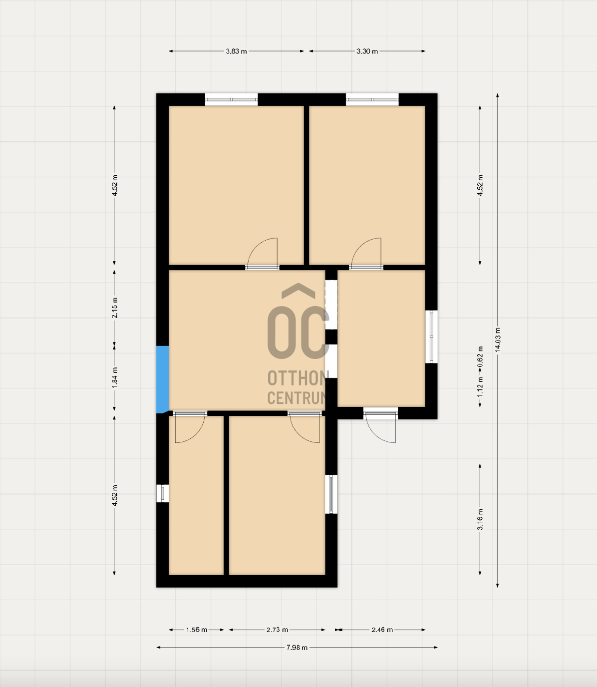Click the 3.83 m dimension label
tap(236, 51)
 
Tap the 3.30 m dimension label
tap(367, 51)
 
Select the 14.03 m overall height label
tap(497, 340)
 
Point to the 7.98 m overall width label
tap(297, 648)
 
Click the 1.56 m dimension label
tap(197, 630)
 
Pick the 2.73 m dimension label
tap(277, 630)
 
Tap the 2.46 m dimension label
tap(382, 630)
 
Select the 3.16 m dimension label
tap(480, 519)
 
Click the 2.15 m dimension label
tap(114, 308)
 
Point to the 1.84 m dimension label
tap(114, 378)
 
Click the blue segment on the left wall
tap(162, 379)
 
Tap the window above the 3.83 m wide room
tap(231, 99)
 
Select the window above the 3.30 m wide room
tap(372, 99)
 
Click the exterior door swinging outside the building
tap(380, 425)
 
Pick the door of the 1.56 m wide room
tap(190, 427)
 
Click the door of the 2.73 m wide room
tap(304, 427)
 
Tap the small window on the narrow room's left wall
tap(162, 493)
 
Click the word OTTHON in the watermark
tap(298, 378)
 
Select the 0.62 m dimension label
tap(480, 357)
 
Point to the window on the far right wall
tap(432, 337)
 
